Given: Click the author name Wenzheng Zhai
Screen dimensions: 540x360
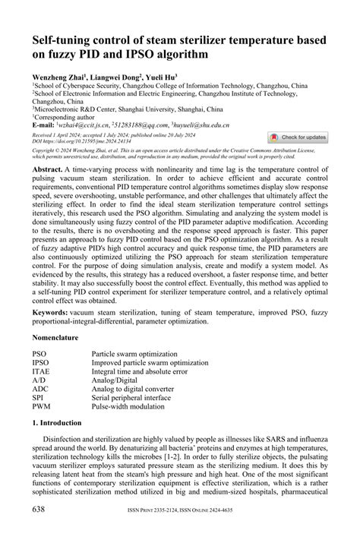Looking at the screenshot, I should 57,77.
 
